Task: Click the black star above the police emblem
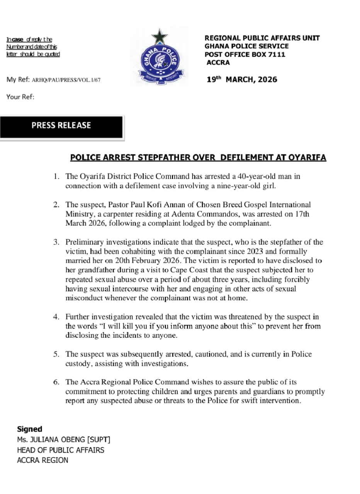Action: point(159,37)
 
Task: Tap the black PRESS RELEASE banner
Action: point(61,126)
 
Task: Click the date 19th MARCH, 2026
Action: point(242,80)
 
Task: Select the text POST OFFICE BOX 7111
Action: point(245,54)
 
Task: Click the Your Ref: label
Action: point(20,97)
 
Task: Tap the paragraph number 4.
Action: point(56,317)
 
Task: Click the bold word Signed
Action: point(29,429)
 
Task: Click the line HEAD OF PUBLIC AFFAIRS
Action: point(60,450)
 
